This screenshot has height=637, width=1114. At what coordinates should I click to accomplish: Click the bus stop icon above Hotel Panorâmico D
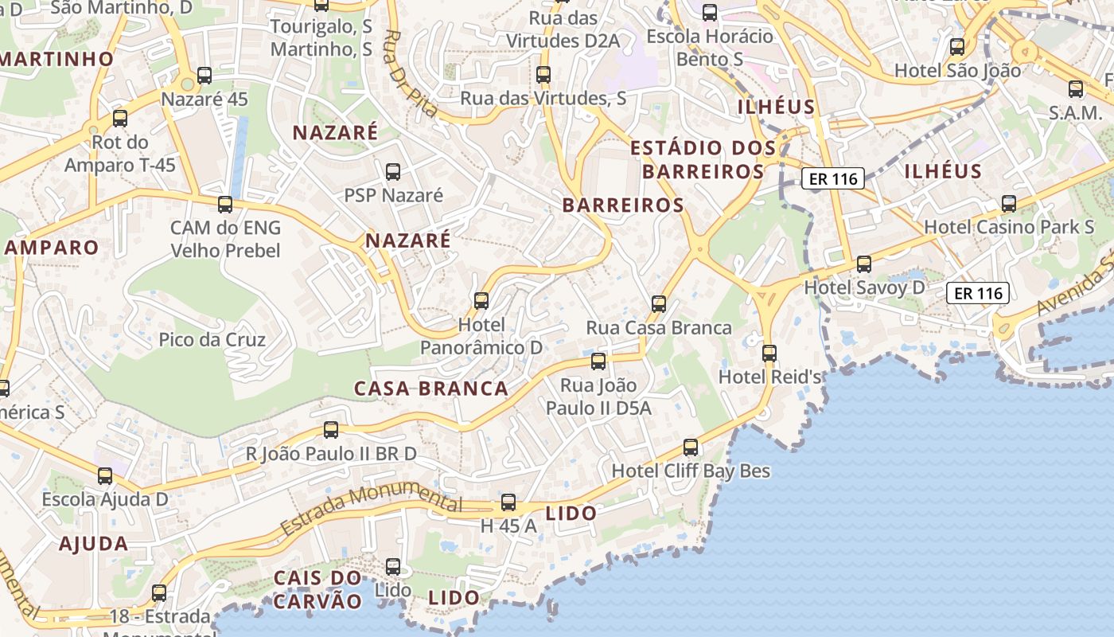point(481,301)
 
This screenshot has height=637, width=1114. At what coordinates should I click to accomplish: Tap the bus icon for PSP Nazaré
point(392,172)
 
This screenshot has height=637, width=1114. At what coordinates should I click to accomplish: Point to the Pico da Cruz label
point(212,340)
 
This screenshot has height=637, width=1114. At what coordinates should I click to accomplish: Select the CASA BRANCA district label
point(430,389)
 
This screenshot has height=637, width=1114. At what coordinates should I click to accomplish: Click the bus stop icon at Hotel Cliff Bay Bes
point(691,447)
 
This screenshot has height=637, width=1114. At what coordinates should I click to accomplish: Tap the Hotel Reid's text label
point(770,377)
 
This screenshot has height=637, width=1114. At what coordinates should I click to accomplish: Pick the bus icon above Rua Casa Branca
point(658,304)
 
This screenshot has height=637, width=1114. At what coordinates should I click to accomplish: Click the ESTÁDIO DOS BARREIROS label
point(703,159)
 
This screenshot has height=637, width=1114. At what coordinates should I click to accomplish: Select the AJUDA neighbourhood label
point(94,544)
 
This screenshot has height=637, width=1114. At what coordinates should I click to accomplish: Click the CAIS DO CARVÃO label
point(317,589)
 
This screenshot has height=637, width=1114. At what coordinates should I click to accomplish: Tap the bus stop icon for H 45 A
point(508,503)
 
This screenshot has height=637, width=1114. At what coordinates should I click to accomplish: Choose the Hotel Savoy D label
point(865,287)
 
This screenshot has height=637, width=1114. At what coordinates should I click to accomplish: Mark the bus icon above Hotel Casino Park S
point(1009,204)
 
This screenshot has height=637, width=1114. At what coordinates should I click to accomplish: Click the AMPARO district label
point(52,247)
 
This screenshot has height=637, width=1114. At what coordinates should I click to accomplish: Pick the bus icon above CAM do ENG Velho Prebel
point(225,205)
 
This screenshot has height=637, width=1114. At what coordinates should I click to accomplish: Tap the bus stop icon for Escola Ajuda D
point(105,476)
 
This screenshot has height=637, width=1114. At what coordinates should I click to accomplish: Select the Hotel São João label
point(957,70)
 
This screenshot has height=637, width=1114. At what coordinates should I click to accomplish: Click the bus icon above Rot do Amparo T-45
point(120,119)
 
